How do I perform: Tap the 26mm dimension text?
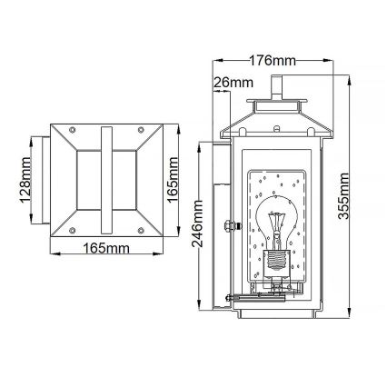click(x=233, y=83)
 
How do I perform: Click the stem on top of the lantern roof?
click(x=274, y=86)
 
